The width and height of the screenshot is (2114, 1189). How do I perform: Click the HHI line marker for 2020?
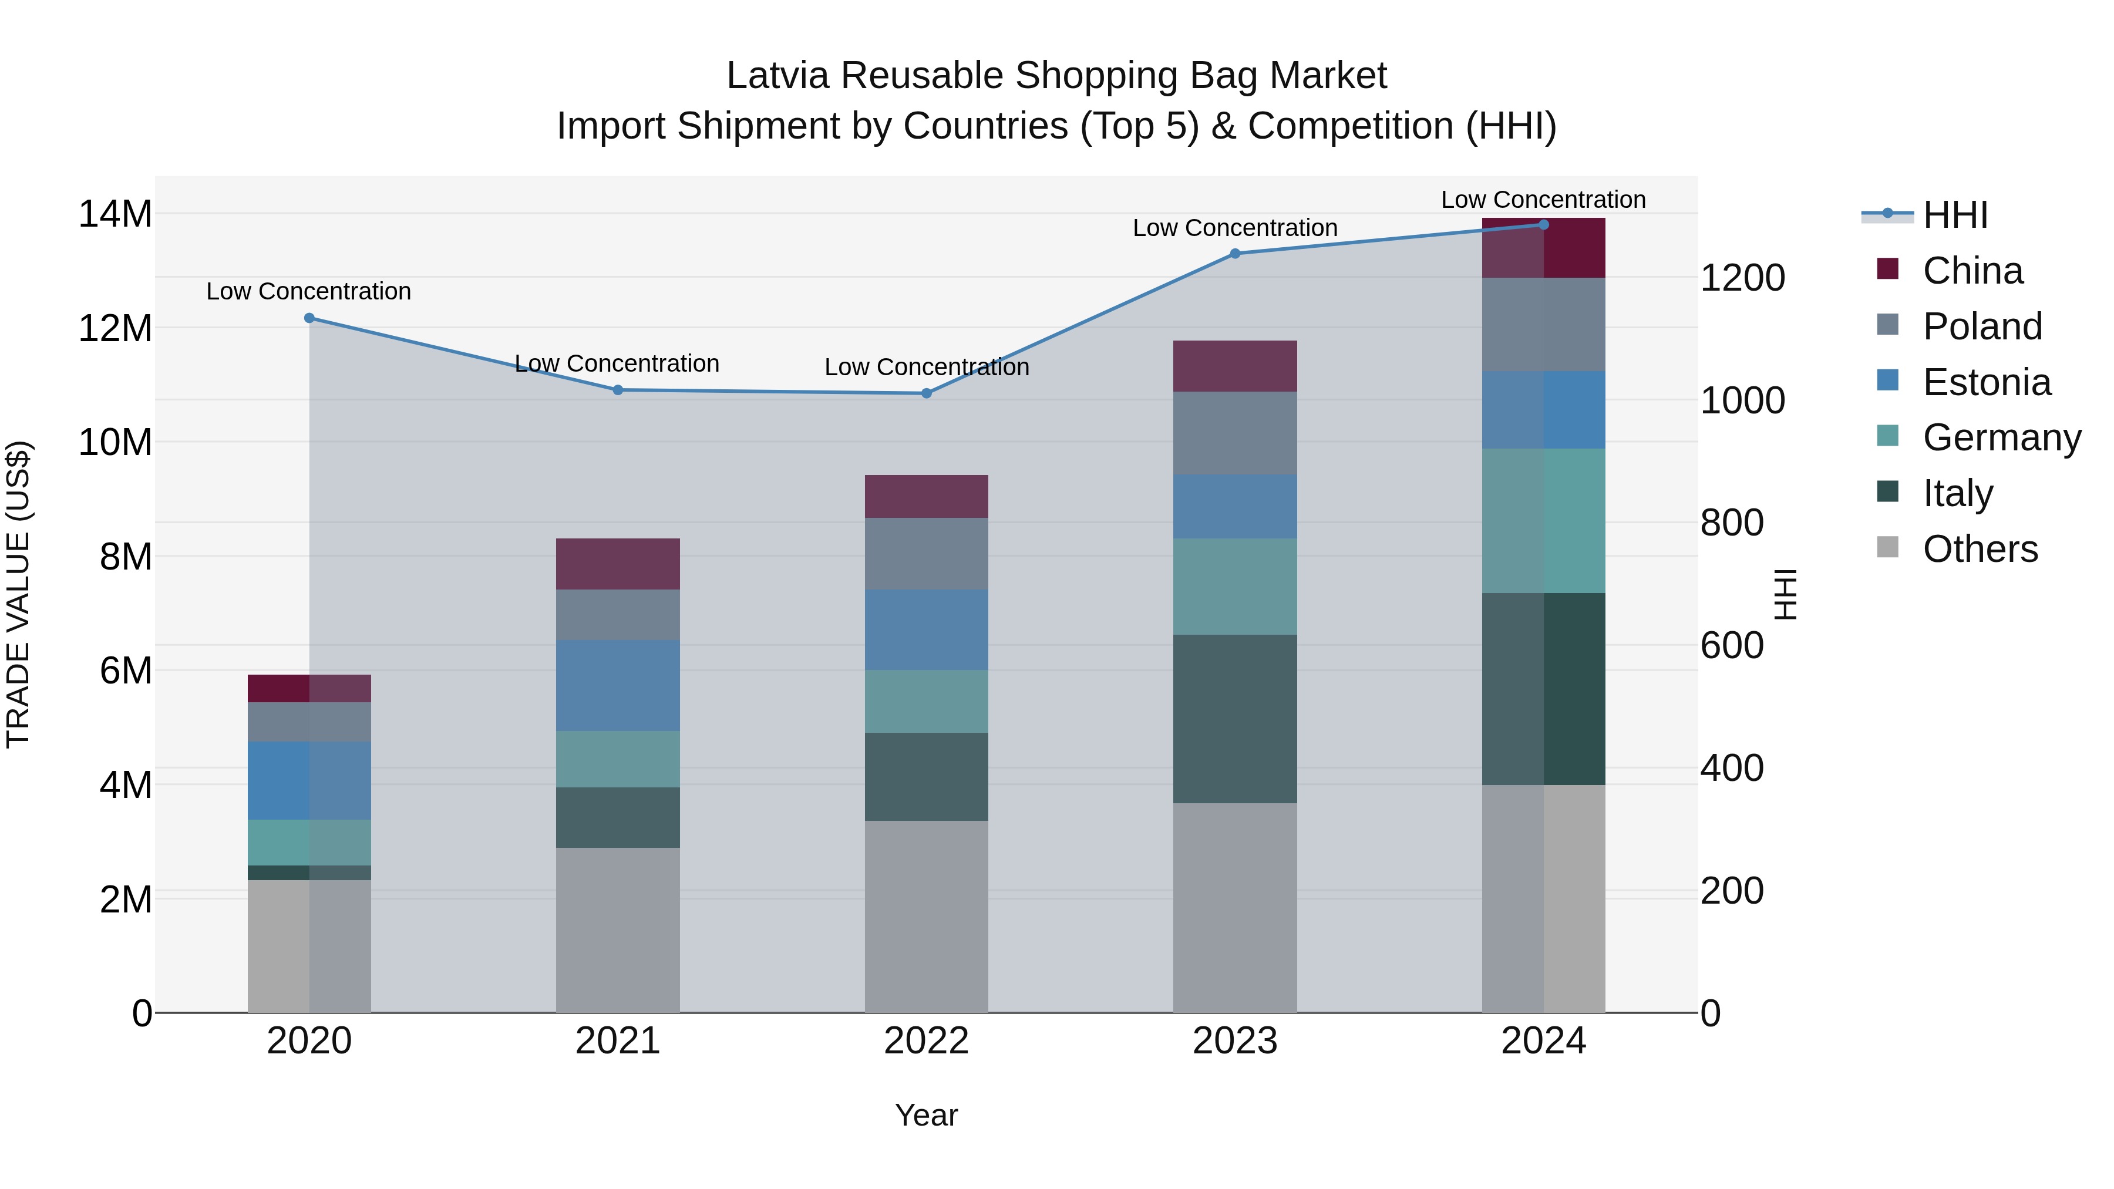(x=309, y=318)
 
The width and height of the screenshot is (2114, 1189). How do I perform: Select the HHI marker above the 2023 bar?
(x=1235, y=254)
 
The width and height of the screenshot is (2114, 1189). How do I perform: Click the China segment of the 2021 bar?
(x=618, y=564)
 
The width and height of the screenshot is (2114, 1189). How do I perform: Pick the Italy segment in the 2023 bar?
(x=1235, y=719)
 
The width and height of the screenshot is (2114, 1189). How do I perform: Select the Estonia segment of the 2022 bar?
(x=927, y=629)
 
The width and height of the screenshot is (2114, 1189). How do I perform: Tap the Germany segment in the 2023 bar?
(x=1235, y=587)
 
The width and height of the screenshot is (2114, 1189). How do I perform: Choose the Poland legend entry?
(x=1982, y=326)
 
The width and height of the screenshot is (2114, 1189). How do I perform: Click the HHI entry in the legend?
(x=1955, y=215)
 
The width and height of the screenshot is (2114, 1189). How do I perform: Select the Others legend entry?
(x=1980, y=549)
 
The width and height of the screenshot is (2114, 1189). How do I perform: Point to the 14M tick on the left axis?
(x=115, y=214)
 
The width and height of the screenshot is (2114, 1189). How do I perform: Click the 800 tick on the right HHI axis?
(x=1732, y=523)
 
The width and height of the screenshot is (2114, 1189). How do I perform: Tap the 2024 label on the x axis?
(x=1543, y=1041)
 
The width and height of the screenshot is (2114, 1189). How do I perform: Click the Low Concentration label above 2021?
(x=617, y=363)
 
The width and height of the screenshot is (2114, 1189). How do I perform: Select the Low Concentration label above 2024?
(x=1543, y=200)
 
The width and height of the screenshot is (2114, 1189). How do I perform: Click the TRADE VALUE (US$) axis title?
(x=18, y=594)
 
